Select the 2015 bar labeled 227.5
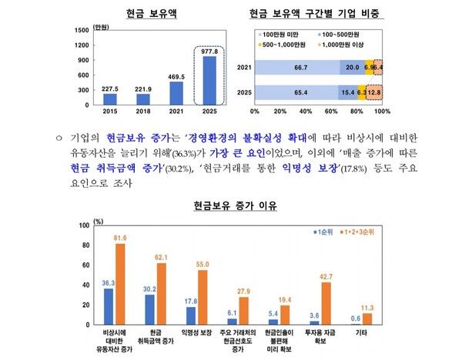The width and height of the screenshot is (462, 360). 109,98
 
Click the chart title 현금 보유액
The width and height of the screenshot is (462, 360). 141,13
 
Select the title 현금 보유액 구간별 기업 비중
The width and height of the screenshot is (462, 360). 317,13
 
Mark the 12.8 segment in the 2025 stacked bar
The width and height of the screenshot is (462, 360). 373,93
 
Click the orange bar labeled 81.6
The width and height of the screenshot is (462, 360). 120,283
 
